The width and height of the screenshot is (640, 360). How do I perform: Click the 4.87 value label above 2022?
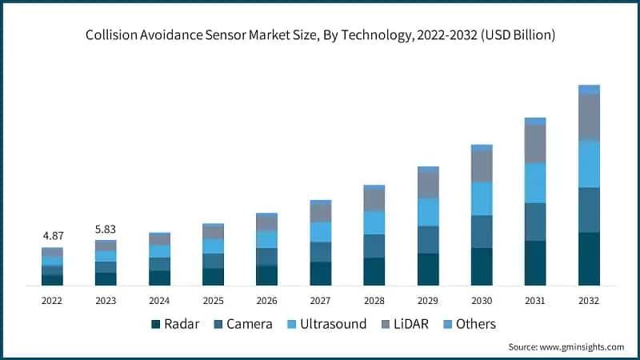[x=52, y=236]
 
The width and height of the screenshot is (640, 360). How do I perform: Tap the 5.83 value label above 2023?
[x=106, y=228]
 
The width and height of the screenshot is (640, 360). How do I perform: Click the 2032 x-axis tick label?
[x=589, y=300]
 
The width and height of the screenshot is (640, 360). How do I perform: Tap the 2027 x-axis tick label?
[x=321, y=300]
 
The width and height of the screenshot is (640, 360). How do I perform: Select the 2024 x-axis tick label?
[x=159, y=300]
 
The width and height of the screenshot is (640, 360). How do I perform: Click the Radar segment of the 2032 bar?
[x=589, y=258]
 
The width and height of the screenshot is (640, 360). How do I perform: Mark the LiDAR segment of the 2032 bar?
[x=589, y=117]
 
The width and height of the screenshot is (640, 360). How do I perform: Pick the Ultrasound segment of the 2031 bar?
[x=535, y=182]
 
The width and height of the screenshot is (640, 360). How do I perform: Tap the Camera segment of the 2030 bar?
[x=482, y=231]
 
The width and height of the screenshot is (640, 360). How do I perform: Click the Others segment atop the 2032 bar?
[x=589, y=89]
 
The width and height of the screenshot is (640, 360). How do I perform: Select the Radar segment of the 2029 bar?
[x=428, y=269]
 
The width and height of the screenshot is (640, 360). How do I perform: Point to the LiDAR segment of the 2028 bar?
[x=374, y=199]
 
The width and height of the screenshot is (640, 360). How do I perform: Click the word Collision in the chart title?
[x=110, y=36]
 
